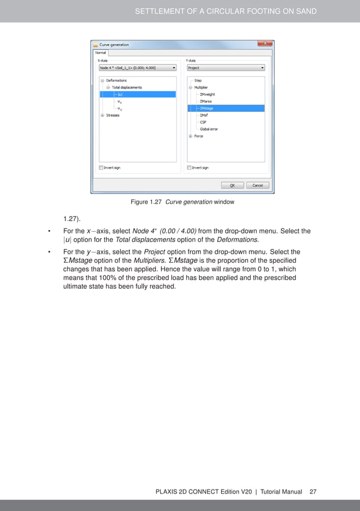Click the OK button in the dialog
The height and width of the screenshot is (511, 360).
pos(232,185)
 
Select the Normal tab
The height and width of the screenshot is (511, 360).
pos(100,52)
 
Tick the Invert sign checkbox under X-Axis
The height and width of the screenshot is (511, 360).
pos(101,168)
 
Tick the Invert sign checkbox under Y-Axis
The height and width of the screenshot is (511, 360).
pos(190,168)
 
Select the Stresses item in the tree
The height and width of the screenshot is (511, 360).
pos(113,115)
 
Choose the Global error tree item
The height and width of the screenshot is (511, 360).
pos(208,129)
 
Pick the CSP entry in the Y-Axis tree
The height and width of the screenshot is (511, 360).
pos(203,122)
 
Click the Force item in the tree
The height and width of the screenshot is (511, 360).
pos(199,136)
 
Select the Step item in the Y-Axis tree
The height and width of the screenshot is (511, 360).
pos(197,81)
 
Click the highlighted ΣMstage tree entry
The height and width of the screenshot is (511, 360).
pos(207,108)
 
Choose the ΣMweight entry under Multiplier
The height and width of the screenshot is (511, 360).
pos(207,94)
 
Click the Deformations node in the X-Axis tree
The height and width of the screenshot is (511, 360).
pos(116,81)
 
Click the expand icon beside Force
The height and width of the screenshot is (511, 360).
pos(191,136)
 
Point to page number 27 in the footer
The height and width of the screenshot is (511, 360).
pos(313,492)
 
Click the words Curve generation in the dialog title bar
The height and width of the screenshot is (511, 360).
pos(115,45)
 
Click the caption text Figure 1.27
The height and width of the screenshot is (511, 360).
pos(147,202)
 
